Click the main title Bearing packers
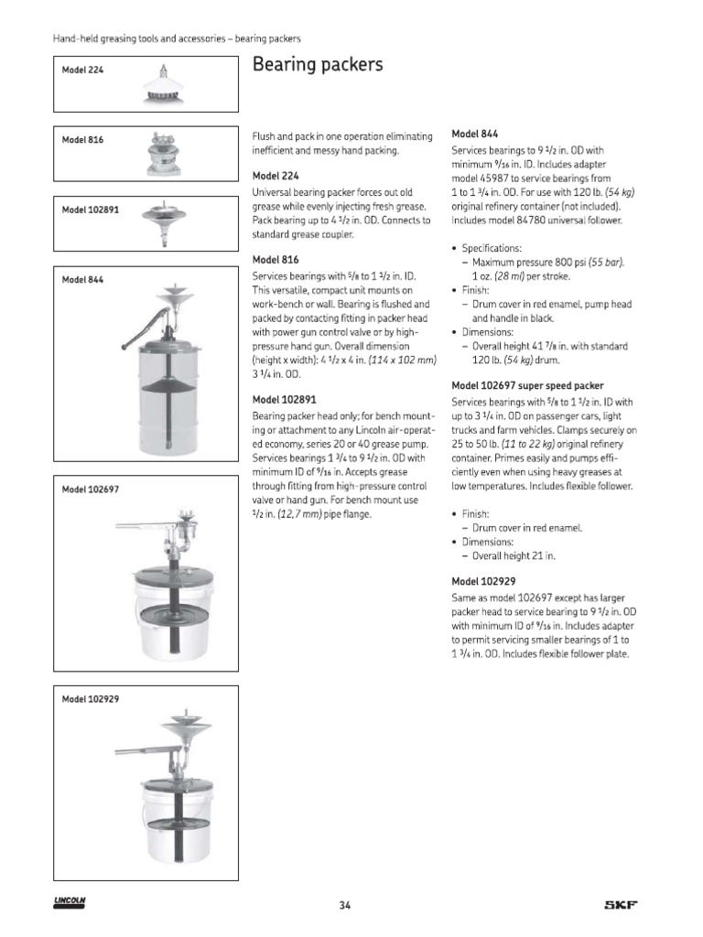click(x=317, y=65)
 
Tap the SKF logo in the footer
click(x=621, y=906)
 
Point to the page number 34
click(x=345, y=906)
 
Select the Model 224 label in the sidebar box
click(x=82, y=70)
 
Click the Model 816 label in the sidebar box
click(x=82, y=140)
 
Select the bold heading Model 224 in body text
click(x=275, y=175)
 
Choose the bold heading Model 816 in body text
click(x=275, y=259)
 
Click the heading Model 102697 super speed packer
click(x=527, y=385)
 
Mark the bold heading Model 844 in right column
click(x=475, y=133)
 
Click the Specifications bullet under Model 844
click(x=493, y=248)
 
